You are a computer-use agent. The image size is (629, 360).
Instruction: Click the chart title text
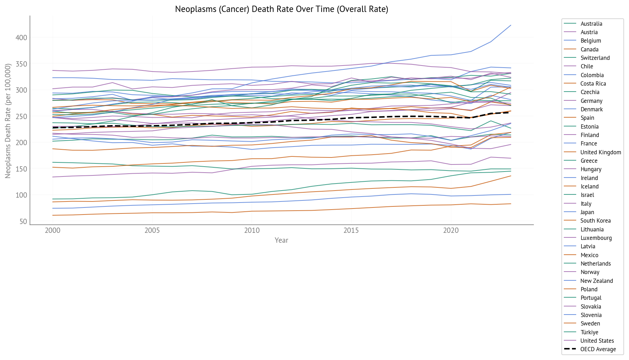(281, 9)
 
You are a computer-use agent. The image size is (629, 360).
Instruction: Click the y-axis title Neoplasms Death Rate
(8, 121)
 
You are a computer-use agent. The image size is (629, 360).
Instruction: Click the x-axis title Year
(281, 240)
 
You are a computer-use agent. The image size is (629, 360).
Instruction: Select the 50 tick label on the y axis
(23, 222)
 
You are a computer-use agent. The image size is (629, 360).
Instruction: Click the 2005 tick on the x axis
(152, 231)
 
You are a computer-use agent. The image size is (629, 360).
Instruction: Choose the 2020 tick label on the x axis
(451, 231)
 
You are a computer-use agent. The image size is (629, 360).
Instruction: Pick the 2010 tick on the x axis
(252, 231)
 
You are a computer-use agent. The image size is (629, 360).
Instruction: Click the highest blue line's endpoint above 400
(511, 25)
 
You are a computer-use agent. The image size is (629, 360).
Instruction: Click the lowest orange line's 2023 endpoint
(511, 204)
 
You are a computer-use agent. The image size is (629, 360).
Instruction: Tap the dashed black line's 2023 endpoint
(511, 112)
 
